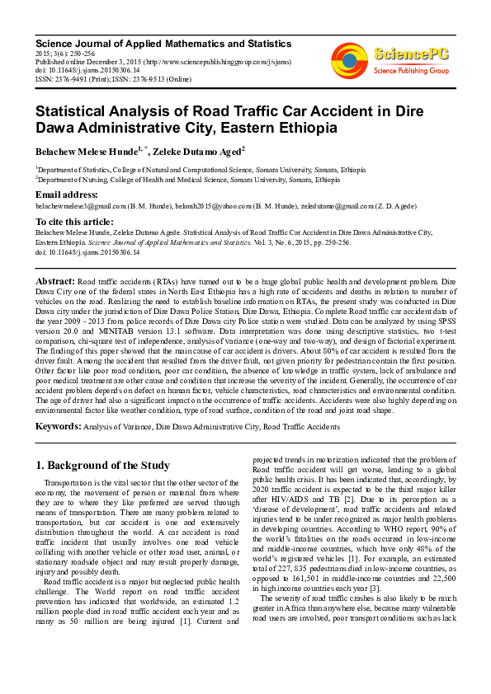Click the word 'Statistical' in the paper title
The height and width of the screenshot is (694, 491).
[74, 110]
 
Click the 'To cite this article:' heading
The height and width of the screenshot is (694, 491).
[75, 222]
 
